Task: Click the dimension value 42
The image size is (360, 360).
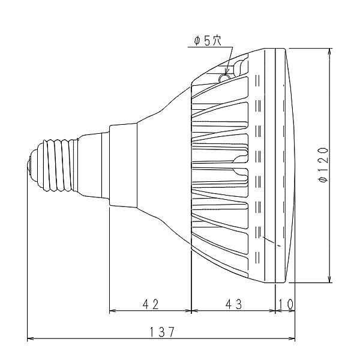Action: point(151,304)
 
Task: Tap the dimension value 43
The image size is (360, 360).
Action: point(234,304)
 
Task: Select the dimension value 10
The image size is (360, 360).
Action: point(286,304)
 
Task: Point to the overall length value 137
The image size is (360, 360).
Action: point(162,332)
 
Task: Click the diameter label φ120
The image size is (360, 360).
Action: point(323,165)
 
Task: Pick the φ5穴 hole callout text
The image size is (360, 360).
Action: point(208,41)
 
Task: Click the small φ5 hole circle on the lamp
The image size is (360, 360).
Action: point(224,78)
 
